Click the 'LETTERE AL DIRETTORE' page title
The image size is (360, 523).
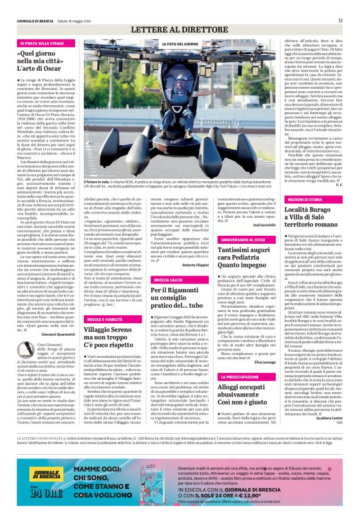pos(180,29)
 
